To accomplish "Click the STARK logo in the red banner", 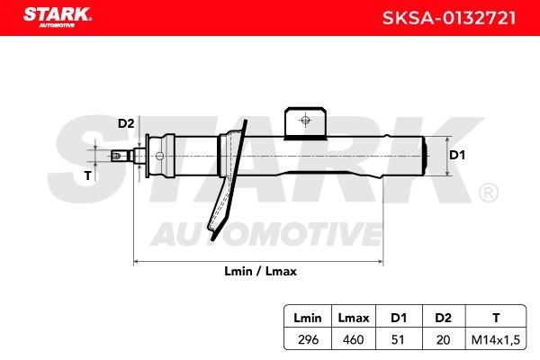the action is click(58, 17).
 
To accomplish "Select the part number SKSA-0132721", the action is click(449, 18).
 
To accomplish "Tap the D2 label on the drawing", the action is click(126, 123).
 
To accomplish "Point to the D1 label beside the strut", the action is click(457, 155).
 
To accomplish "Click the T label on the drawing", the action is click(88, 175).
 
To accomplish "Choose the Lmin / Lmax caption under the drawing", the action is click(260, 271).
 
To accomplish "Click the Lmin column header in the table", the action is click(308, 318).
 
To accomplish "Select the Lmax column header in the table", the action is click(354, 318).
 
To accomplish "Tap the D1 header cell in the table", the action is click(399, 318).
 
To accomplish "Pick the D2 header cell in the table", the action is click(443, 318).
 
